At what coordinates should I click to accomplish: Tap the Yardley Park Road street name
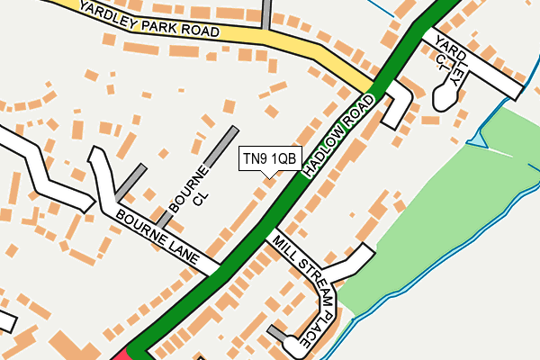148,17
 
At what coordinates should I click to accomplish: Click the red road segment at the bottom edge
124,354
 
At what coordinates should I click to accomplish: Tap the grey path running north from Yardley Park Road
266,13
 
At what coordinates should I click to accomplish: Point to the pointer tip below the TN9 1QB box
269,175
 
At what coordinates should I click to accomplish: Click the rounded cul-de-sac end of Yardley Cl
444,95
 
